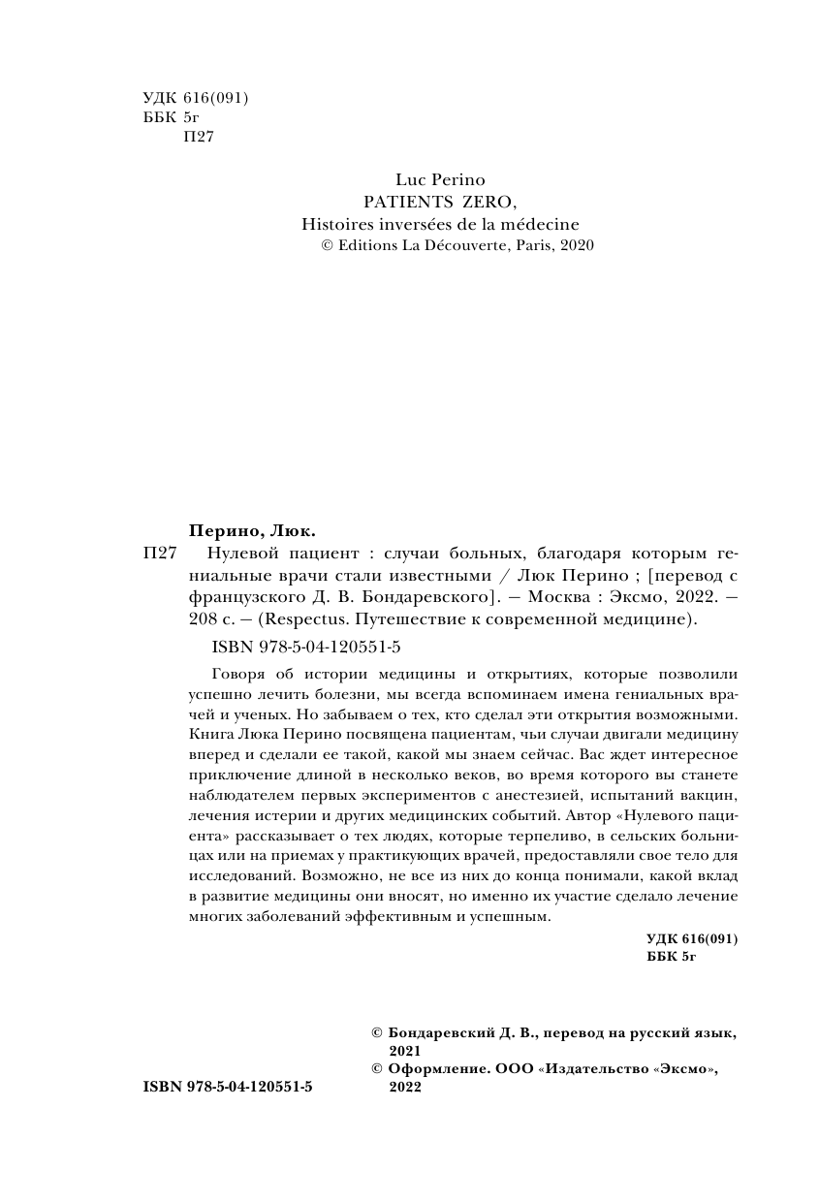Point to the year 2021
[404, 1051]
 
